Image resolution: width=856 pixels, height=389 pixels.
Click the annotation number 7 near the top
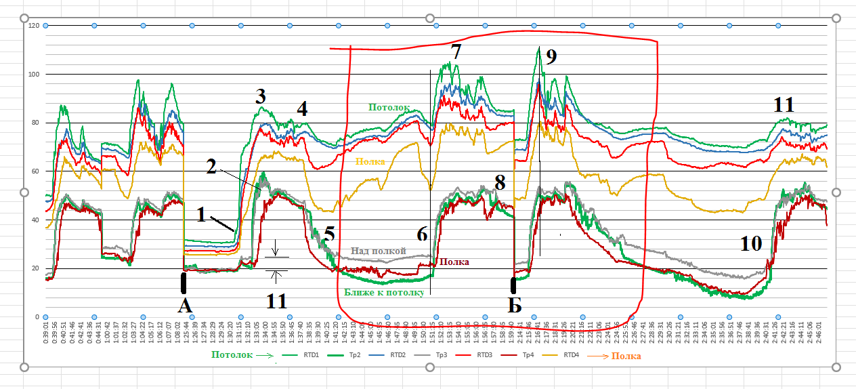point(456,52)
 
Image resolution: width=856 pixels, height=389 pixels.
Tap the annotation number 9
point(551,57)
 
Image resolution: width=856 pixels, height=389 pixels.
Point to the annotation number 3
point(261,96)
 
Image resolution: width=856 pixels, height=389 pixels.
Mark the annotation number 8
point(500,182)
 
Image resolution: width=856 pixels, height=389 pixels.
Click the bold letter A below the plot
point(185,306)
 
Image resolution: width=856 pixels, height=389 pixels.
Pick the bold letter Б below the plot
point(515,306)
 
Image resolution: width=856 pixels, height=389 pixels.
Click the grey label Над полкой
point(378,251)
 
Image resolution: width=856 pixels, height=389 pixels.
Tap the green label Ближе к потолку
point(384,293)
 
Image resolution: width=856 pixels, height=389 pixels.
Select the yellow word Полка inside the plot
point(370,162)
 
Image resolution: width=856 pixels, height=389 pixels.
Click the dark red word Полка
point(454,262)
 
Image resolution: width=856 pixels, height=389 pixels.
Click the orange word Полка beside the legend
point(626,354)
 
